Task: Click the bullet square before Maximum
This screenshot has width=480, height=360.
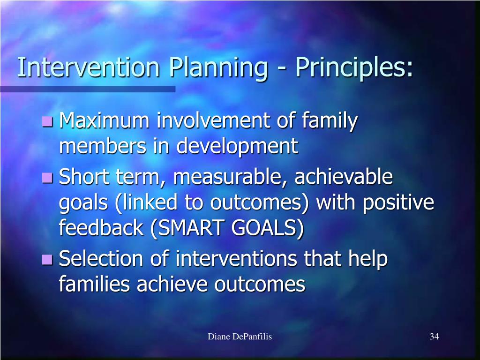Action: tap(47, 121)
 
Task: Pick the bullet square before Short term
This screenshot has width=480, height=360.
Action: tap(47, 178)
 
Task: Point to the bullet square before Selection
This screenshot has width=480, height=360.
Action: tap(47, 260)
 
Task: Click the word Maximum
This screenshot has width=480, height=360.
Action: tap(104, 120)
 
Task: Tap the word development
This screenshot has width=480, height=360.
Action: tap(237, 147)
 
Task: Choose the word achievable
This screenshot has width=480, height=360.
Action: tap(344, 176)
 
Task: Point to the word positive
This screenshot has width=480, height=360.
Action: tap(398, 203)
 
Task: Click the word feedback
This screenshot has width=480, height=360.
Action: tap(101, 227)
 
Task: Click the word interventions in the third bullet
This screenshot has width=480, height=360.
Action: tap(236, 259)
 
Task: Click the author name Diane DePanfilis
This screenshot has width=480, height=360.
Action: tap(240, 337)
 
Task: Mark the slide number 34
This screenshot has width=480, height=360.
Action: tap(435, 337)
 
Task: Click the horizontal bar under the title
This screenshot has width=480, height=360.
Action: tap(88, 89)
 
